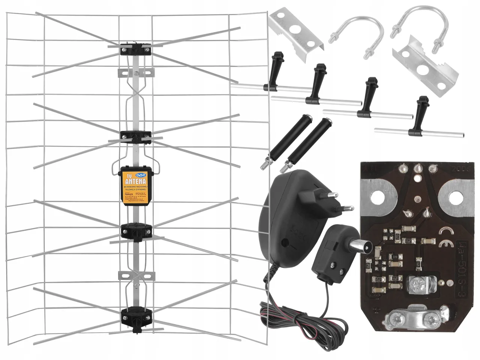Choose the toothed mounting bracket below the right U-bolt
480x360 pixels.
[426, 64]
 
